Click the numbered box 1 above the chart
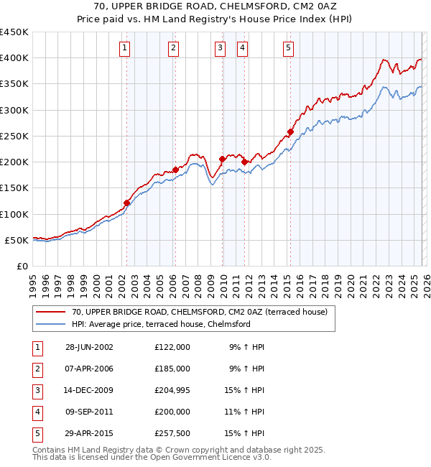tap(125, 48)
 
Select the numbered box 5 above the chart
tap(288, 48)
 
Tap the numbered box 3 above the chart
tap(220, 48)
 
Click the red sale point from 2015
tap(291, 132)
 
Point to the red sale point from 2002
tap(127, 203)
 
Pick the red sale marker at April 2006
tap(175, 170)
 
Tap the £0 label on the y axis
tap(22, 266)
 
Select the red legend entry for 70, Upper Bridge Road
tap(200, 312)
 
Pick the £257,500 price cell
tap(172, 433)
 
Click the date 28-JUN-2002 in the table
tap(89, 347)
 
